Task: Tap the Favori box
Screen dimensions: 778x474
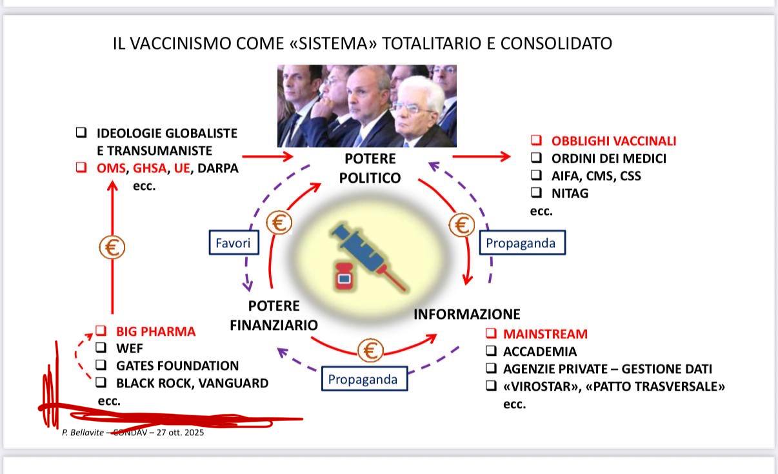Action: pos(234,242)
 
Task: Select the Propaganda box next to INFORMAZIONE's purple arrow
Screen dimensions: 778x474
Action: pos(522,242)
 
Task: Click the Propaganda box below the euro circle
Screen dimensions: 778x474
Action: pos(364,378)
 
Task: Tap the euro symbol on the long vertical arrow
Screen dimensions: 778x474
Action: pos(112,247)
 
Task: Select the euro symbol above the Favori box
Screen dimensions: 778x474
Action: pos(279,222)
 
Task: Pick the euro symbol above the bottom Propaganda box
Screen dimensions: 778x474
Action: pos(370,350)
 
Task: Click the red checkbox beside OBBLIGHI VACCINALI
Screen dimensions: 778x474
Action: pos(536,140)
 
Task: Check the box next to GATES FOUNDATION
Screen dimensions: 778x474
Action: pos(101,364)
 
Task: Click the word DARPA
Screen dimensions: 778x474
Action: pos(218,169)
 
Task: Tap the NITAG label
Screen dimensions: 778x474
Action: pos(570,193)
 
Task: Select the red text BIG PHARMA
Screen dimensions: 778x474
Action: pos(155,331)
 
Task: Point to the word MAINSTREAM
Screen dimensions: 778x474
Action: pos(545,334)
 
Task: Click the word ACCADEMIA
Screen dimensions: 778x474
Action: pos(540,351)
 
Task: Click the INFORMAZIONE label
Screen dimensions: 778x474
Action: pos(467,314)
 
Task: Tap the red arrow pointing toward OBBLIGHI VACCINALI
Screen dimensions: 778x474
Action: pos(481,156)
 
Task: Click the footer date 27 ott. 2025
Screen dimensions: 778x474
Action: pos(180,432)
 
